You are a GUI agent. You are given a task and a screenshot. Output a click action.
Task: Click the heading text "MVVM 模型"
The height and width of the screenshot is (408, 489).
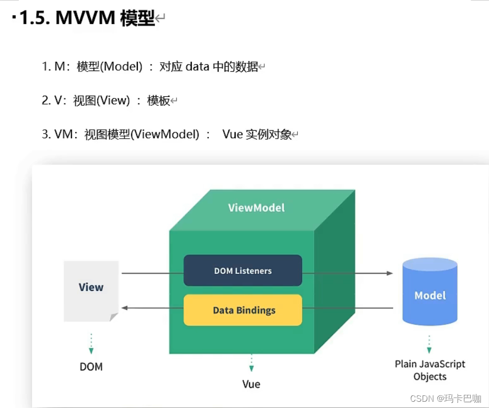[x=105, y=19]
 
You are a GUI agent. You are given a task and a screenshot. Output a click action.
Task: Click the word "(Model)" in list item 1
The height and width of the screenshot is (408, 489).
[x=121, y=66]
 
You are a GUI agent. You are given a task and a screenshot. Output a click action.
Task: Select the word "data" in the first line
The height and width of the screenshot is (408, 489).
[x=197, y=66]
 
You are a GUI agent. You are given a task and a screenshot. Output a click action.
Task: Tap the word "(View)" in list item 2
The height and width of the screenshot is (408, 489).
[x=113, y=100]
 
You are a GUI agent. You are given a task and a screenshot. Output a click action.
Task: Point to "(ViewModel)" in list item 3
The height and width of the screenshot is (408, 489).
[x=165, y=134]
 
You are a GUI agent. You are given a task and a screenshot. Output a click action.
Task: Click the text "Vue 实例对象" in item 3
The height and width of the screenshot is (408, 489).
[x=257, y=134]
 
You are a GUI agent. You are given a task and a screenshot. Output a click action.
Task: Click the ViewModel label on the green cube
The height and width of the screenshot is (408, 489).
[x=256, y=208]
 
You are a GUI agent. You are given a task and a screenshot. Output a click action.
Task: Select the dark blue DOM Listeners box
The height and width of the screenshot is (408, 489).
[x=242, y=270]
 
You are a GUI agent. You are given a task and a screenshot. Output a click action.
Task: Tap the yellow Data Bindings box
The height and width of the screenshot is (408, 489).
[x=242, y=310]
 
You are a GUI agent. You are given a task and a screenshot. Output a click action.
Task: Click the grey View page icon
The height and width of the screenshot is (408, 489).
[x=91, y=291]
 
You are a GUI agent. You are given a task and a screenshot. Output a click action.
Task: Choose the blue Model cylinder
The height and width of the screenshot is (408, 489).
[x=429, y=294]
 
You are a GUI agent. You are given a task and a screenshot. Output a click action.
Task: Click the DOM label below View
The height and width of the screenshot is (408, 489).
[x=91, y=367]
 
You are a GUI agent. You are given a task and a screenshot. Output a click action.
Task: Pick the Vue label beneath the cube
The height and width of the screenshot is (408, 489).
[x=251, y=384]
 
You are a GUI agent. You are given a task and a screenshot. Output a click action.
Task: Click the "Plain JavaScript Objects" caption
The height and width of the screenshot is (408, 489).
[x=429, y=370]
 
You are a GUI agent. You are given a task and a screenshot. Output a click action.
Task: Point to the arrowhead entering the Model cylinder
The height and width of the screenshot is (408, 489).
[x=389, y=273]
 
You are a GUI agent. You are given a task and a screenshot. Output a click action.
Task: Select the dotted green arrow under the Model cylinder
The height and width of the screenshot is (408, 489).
[x=429, y=345]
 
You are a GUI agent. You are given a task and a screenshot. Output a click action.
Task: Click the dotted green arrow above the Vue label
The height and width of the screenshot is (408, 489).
[x=251, y=363]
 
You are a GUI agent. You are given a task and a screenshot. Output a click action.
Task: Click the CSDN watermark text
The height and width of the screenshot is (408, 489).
[x=445, y=399]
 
